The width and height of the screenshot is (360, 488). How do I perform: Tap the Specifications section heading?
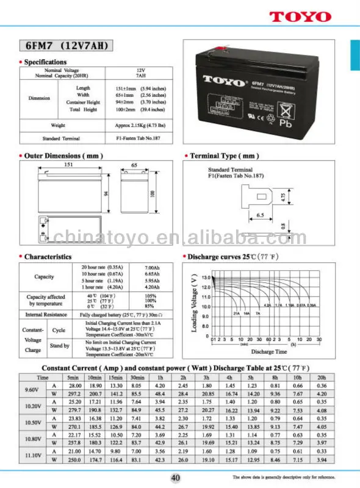pyautogui.click(x=45, y=62)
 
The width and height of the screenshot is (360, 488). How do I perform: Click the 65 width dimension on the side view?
pyautogui.click(x=134, y=165)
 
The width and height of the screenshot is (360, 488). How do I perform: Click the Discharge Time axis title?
pyautogui.click(x=268, y=352)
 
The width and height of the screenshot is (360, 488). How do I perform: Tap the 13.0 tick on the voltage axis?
pyautogui.click(x=206, y=278)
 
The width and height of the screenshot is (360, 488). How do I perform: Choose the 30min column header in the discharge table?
pyautogui.click(x=137, y=378)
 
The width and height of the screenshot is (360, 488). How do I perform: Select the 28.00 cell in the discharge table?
pyautogui.click(x=75, y=386)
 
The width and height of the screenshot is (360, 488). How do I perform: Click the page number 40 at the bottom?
pyautogui.click(x=175, y=478)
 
